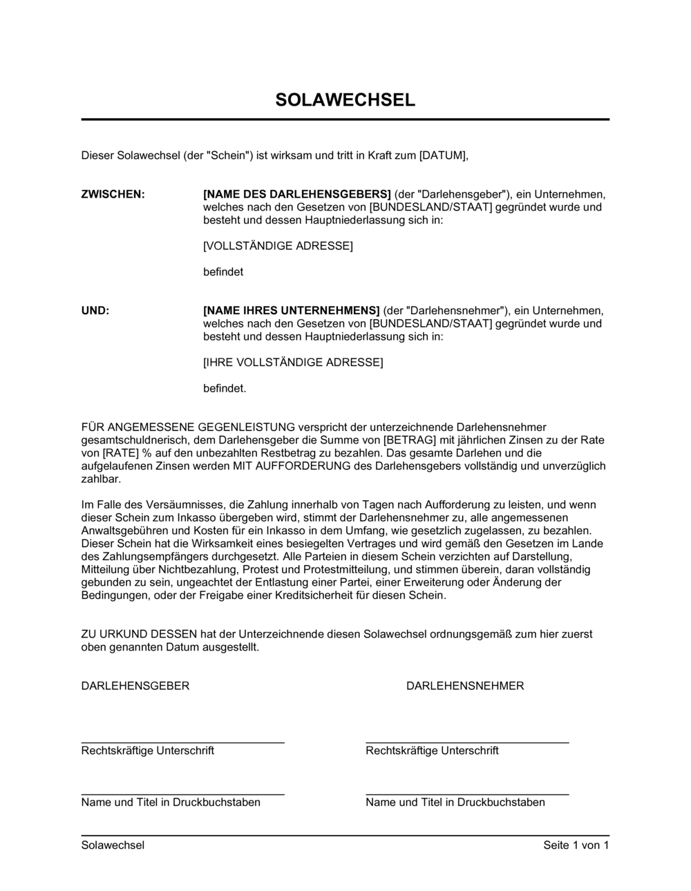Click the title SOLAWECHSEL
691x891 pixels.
click(x=345, y=100)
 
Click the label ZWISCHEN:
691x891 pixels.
click(x=113, y=194)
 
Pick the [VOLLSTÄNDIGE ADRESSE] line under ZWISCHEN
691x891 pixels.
click(x=278, y=246)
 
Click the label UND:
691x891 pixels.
click(x=95, y=311)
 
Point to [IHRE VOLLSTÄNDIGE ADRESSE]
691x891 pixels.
click(x=293, y=363)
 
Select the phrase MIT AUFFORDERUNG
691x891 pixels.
click(x=279, y=466)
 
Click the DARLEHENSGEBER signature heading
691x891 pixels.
click(x=135, y=686)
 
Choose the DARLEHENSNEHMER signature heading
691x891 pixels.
click(x=465, y=686)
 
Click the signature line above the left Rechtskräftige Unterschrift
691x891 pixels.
click(x=182, y=742)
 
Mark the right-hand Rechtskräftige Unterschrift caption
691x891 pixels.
click(x=432, y=751)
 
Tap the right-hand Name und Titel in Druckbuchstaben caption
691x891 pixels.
click(x=455, y=803)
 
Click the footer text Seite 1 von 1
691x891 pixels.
click(x=576, y=845)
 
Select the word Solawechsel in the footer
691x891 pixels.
click(x=113, y=845)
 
